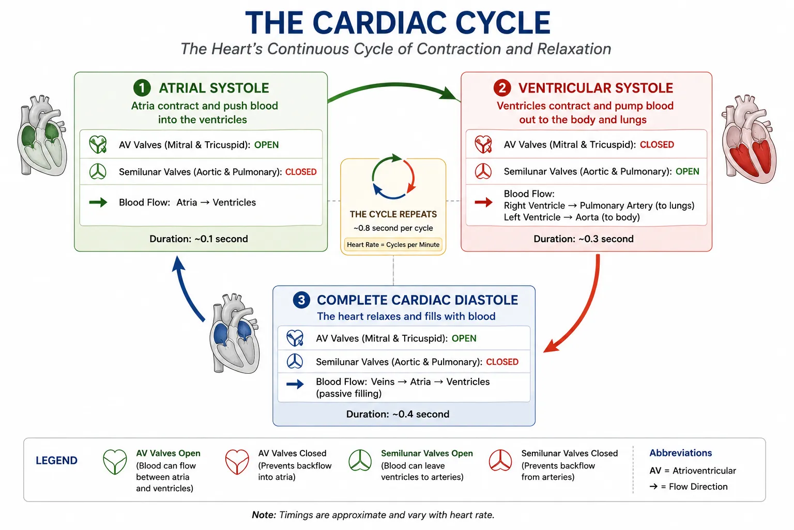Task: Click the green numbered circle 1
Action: pos(142,87)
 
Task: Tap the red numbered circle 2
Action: pos(502,87)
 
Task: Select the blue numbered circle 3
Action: pos(301,300)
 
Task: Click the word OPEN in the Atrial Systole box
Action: pos(266,145)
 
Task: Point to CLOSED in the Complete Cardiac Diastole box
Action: pos(502,362)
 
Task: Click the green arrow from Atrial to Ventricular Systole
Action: pos(393,85)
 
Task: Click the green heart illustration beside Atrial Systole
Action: pos(42,136)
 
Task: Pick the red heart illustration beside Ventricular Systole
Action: pos(749,139)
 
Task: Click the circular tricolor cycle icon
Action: pos(393,176)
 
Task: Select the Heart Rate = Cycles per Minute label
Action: pos(393,245)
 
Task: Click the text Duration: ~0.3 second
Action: pos(584,239)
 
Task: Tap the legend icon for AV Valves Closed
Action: pos(237,462)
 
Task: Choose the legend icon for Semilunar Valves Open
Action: pos(360,461)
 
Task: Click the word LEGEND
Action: pos(56,461)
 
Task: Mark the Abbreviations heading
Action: pos(681,453)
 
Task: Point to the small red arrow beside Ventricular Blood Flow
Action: pos(483,202)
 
